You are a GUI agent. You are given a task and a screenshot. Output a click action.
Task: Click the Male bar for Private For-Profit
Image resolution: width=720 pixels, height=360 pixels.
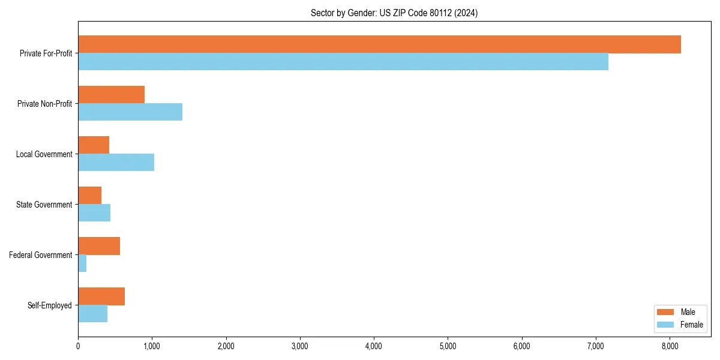379,44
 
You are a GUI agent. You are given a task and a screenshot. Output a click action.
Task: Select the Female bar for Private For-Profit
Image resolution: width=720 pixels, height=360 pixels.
343,62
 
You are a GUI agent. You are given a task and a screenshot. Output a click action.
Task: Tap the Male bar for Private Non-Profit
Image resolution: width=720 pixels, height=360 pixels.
111,95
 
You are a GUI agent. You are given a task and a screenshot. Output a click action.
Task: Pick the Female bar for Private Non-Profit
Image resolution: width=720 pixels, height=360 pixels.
130,112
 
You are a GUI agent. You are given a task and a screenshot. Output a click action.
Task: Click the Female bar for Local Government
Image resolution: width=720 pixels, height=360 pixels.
116,163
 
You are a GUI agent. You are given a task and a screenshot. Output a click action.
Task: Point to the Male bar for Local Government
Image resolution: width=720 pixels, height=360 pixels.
94,145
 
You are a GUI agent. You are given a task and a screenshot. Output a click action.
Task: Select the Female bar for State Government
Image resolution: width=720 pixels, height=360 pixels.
94,213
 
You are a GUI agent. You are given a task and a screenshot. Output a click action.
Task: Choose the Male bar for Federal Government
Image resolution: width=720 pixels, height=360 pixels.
99,246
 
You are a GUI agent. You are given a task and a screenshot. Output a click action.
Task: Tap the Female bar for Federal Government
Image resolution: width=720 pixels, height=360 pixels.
82,263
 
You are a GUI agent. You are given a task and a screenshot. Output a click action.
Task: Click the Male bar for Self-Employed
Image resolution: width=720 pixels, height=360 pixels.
101,296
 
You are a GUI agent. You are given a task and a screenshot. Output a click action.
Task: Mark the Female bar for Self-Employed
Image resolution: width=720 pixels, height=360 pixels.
92,314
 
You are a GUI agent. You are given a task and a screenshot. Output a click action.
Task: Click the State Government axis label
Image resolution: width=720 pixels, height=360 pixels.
44,205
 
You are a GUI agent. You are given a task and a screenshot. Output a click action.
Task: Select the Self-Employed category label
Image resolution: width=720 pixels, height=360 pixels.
49,305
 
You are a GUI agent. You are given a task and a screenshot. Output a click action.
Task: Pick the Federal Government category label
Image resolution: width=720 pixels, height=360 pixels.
40,255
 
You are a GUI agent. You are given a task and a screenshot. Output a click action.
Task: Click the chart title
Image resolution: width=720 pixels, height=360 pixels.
394,13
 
